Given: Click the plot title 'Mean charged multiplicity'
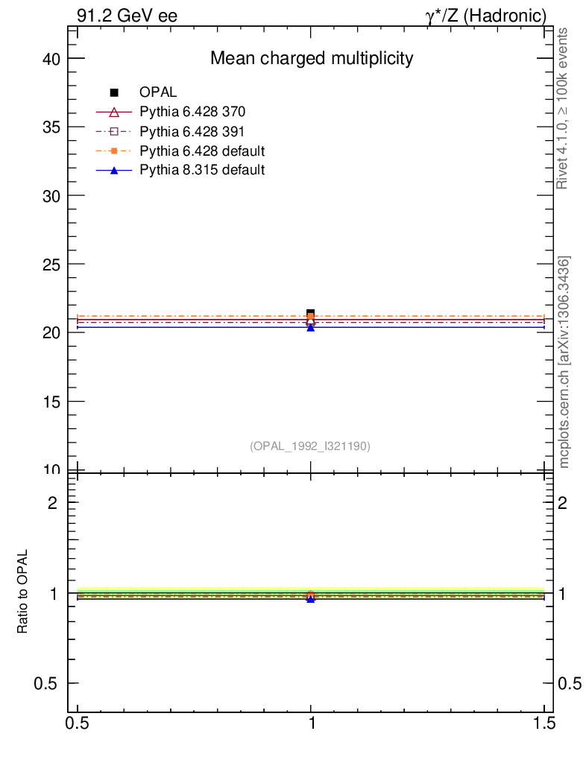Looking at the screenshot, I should [311, 58].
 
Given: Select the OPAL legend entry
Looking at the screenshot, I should [158, 92].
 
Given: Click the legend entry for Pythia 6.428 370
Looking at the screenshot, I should [192, 112].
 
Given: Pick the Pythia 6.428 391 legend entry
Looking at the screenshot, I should [192, 131].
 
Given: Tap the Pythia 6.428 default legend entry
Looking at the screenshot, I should [202, 151].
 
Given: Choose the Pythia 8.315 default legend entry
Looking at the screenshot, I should [202, 170].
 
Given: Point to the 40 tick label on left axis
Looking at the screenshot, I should [51, 58].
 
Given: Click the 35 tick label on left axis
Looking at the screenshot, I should [51, 127].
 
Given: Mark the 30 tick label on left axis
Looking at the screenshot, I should [51, 195].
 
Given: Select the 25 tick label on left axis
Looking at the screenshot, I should [51, 264].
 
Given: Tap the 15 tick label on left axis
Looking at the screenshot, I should [51, 401].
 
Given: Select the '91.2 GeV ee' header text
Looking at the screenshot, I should [127, 16].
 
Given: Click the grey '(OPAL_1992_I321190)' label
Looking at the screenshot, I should [310, 446].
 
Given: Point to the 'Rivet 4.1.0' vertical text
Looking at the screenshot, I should [563, 108].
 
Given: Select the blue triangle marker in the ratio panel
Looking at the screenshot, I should [311, 598].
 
